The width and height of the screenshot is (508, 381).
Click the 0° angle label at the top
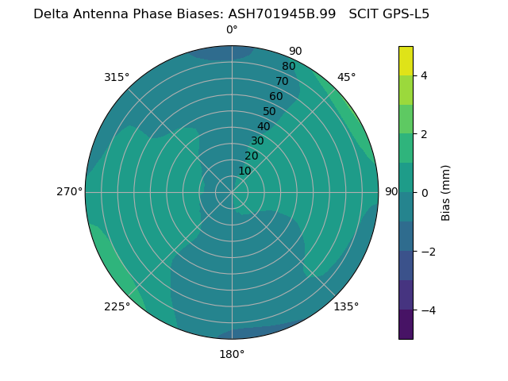click(x=232, y=30)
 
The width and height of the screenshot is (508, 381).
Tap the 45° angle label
click(x=346, y=77)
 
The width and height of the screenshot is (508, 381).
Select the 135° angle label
click(x=346, y=306)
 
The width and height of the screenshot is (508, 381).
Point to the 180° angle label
click(x=232, y=354)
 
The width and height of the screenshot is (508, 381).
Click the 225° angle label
click(x=117, y=306)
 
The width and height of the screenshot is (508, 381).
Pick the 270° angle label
click(x=70, y=191)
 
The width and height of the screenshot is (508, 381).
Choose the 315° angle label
click(x=117, y=77)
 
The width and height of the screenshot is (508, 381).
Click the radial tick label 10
click(x=244, y=171)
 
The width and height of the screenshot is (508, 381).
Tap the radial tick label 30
click(x=257, y=140)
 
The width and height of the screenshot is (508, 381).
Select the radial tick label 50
click(x=270, y=111)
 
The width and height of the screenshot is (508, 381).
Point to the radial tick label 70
click(x=282, y=81)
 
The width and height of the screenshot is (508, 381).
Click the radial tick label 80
click(x=288, y=66)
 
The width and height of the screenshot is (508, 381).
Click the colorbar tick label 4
click(x=425, y=75)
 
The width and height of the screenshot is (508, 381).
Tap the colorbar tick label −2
click(x=427, y=252)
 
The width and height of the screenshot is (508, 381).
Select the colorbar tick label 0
click(x=425, y=193)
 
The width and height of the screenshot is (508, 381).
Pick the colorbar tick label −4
click(x=427, y=310)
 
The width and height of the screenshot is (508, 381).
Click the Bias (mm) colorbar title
click(x=446, y=193)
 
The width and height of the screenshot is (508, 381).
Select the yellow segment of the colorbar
click(x=406, y=60)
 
